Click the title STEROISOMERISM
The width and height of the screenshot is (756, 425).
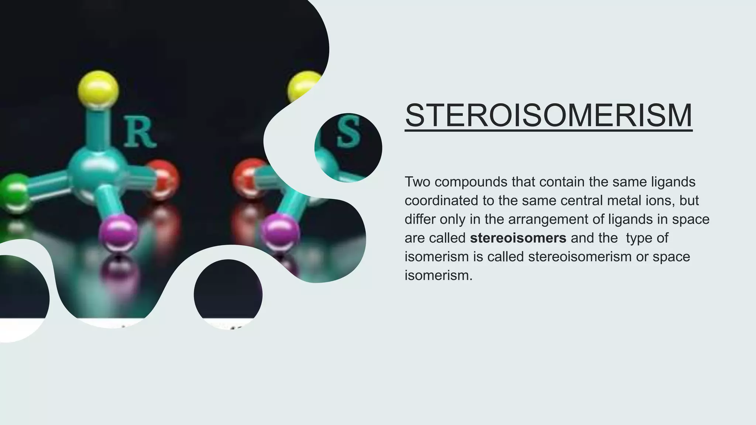pos(549,115)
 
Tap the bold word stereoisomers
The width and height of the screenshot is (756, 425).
pos(518,238)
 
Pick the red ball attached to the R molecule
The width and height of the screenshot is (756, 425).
pos(161,179)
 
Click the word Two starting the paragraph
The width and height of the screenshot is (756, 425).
pos(420,182)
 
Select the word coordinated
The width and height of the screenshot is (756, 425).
pos(441,201)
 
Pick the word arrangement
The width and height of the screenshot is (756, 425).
pos(555,220)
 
